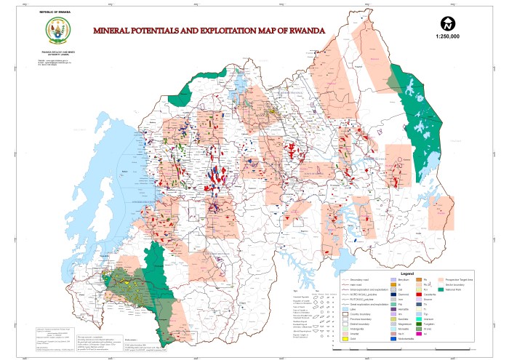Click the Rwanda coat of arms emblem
[x=56, y=31]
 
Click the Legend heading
[x=407, y=273]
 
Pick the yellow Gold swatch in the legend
[x=345, y=339]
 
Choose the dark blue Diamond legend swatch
[x=393, y=295]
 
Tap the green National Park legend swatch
[x=441, y=289]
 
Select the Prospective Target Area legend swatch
[x=441, y=279]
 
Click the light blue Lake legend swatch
[x=345, y=309]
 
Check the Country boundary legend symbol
[x=345, y=314]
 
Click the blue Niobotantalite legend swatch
[x=393, y=339]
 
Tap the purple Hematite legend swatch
[x=393, y=309]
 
